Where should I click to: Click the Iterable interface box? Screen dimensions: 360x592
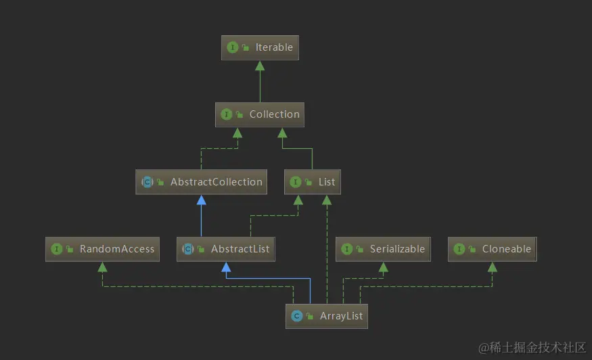pos(260,47)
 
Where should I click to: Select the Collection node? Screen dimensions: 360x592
pos(260,114)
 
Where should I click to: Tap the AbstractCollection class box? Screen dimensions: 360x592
pos(201,182)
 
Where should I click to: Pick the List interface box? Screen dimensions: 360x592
pos(313,182)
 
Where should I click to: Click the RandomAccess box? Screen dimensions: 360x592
pos(103,249)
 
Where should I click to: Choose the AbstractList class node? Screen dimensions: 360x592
pos(226,249)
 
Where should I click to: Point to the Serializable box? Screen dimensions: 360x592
pos(383,249)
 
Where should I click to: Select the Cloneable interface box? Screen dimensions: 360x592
pos(493,249)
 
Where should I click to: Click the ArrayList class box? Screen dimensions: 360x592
pos(327,316)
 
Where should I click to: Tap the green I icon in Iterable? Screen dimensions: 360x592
pos(233,47)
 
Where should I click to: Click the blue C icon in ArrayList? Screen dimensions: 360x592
pos(296,316)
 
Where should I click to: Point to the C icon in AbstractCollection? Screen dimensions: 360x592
pos(147,182)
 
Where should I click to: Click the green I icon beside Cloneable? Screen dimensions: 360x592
pos(459,249)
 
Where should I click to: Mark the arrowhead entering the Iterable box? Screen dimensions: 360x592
pos(260,65)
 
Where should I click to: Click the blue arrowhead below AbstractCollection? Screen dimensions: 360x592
pos(201,200)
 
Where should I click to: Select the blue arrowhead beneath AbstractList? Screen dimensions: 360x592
pos(226,267)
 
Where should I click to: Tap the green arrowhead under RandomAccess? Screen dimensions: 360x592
pos(103,267)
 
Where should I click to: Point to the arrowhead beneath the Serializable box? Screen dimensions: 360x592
pos(383,267)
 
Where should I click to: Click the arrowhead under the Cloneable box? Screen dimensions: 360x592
pos(493,267)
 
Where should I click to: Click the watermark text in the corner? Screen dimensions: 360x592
pos(532,347)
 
